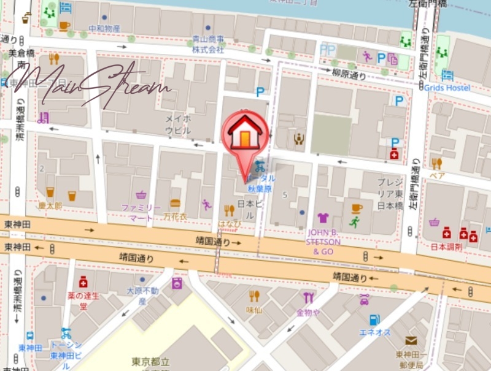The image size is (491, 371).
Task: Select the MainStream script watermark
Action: pyautogui.click(x=86, y=86)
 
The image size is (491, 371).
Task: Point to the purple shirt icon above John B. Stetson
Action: pyautogui.click(x=323, y=218)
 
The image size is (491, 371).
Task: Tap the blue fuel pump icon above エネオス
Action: pyautogui.click(x=374, y=319)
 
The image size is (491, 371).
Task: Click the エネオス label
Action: pyautogui.click(x=375, y=332)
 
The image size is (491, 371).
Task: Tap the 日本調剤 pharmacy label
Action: pyautogui.click(x=446, y=247)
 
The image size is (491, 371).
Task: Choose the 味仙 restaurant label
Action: pyautogui.click(x=254, y=310)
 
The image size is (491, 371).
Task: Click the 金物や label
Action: pyautogui.click(x=307, y=312)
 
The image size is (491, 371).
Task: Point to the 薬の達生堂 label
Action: pyautogui.click(x=83, y=300)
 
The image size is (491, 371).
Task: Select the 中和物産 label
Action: pyautogui.click(x=104, y=28)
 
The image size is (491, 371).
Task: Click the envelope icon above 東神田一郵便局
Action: pyautogui.click(x=411, y=340)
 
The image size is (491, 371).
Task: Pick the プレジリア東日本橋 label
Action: pyautogui.click(x=390, y=193)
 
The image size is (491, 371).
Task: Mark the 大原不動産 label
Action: pyautogui.click(x=142, y=296)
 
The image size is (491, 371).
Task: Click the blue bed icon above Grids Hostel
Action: pyautogui.click(x=447, y=75)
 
